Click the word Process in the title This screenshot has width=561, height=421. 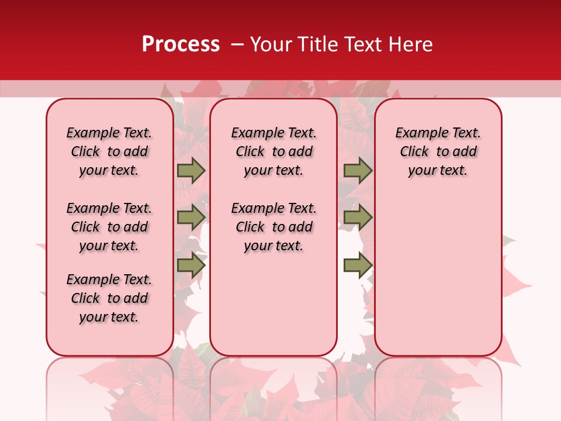pos(181,44)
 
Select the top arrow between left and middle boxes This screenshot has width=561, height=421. pos(191,171)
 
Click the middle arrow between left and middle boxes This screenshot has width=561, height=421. pos(191,217)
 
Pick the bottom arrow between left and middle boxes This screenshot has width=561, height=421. pos(191,265)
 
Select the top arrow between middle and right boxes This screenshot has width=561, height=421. pos(358,171)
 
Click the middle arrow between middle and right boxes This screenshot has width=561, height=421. pos(358,217)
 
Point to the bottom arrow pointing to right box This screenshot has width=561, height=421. pos(358,265)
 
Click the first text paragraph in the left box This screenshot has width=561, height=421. pos(109,151)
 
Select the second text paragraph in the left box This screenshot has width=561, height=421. pos(109,227)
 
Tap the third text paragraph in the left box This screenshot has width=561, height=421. pos(109,298)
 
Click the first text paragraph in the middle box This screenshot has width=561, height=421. pos(273,151)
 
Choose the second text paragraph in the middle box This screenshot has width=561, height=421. pos(273,227)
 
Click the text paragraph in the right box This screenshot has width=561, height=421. pos(438,151)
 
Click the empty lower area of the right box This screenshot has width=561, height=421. pos(438,275)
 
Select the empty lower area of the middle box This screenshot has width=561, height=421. pos(273,304)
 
